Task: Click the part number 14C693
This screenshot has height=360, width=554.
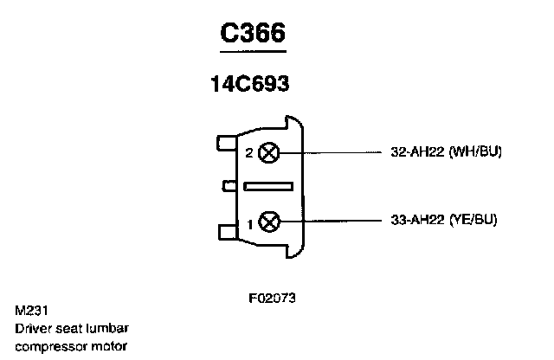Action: (x=249, y=85)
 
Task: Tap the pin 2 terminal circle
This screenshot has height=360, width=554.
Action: (x=269, y=153)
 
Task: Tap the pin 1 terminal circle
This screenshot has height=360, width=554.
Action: (x=269, y=222)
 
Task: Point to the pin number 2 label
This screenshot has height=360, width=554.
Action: (x=249, y=154)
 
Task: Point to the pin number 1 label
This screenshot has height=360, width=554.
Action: (x=250, y=223)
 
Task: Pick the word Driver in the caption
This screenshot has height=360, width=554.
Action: (x=32, y=329)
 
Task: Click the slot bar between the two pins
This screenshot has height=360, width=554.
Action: (x=270, y=186)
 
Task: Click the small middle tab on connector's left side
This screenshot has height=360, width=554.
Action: (x=230, y=185)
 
